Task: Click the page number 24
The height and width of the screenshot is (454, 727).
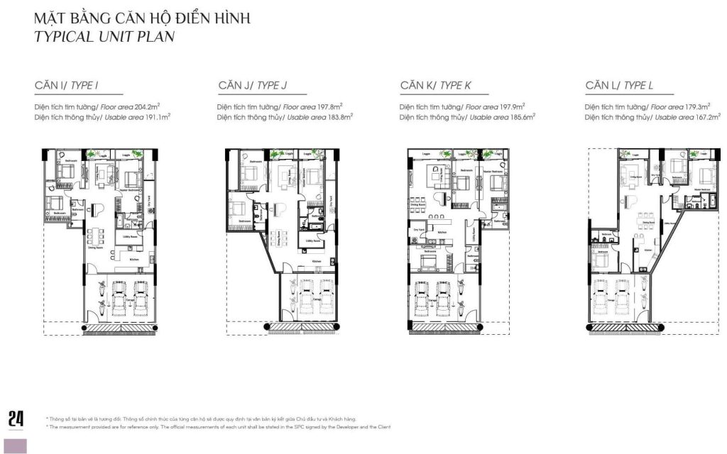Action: point(16,419)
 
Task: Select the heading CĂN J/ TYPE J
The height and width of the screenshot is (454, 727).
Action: point(253,86)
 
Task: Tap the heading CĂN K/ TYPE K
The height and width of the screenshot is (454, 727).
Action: point(435,86)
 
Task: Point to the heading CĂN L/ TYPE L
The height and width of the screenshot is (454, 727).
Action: point(619,86)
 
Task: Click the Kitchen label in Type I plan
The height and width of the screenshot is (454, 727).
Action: point(134,260)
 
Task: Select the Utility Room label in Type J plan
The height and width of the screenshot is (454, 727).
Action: point(312,241)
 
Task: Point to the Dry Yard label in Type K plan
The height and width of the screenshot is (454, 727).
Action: point(419,231)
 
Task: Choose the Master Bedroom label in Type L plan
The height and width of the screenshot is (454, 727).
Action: point(702,189)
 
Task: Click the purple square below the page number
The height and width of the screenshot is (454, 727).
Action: point(16,445)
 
